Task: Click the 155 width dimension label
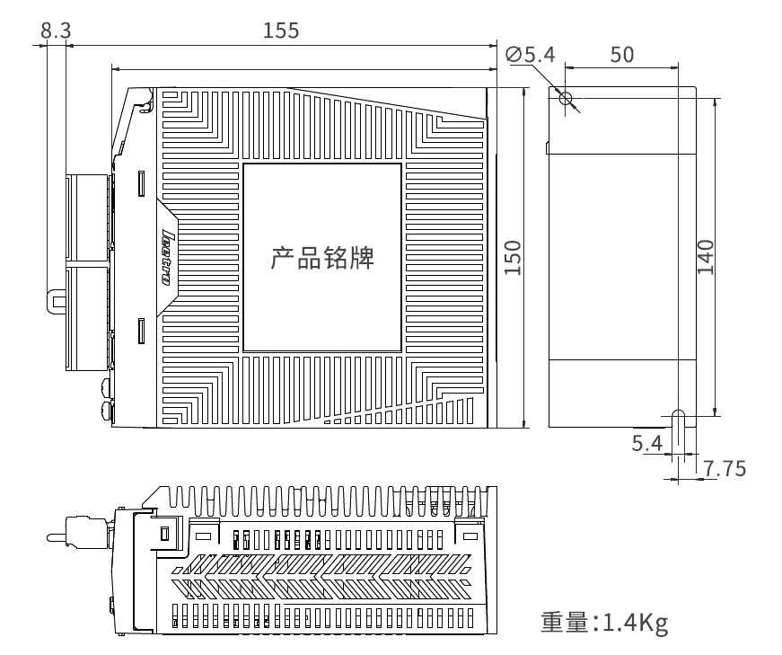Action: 281,31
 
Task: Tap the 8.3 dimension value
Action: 56,31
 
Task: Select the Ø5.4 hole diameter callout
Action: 530,55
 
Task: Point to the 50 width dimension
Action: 622,55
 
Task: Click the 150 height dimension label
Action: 513,258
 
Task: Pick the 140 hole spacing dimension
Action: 706,257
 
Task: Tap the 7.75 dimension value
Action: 725,469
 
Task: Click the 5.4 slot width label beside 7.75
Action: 646,443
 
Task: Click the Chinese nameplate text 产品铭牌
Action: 322,258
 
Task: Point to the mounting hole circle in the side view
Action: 565,97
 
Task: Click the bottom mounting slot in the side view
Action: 678,419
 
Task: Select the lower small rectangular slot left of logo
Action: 142,331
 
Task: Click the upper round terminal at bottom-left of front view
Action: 107,387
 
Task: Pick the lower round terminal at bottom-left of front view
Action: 107,411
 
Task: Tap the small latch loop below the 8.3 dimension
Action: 57,302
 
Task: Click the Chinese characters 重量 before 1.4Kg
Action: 566,623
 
